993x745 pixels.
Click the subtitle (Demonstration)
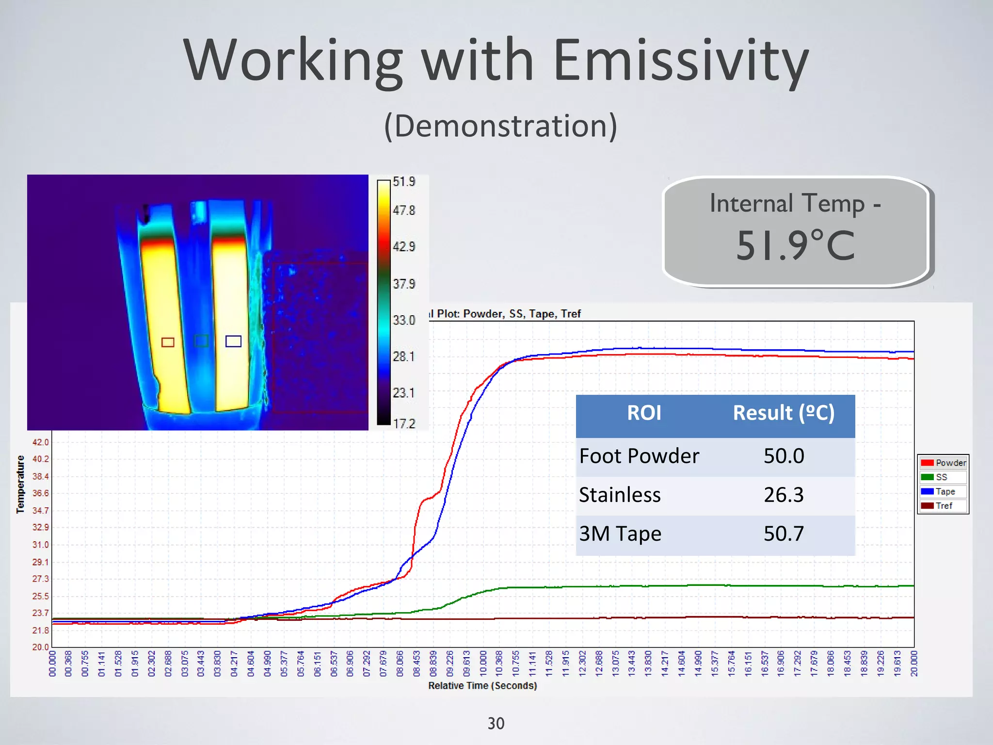500,126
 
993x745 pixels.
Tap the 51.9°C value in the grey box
795,245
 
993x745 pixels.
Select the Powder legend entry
943,463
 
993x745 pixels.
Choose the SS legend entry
941,477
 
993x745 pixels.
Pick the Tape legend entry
943,491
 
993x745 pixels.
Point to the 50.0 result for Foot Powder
784,456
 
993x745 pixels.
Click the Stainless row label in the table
620,495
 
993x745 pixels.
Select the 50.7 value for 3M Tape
784,534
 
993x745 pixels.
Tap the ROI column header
644,413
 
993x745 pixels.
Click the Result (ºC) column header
784,413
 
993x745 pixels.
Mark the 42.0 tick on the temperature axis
41,442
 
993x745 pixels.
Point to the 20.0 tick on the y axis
41,647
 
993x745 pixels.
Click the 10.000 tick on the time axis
483,664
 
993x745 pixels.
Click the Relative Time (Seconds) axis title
482,686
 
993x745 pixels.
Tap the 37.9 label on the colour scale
404,284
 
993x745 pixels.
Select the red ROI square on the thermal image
168,342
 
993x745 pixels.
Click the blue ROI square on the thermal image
233,341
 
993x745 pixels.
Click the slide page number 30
496,724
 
